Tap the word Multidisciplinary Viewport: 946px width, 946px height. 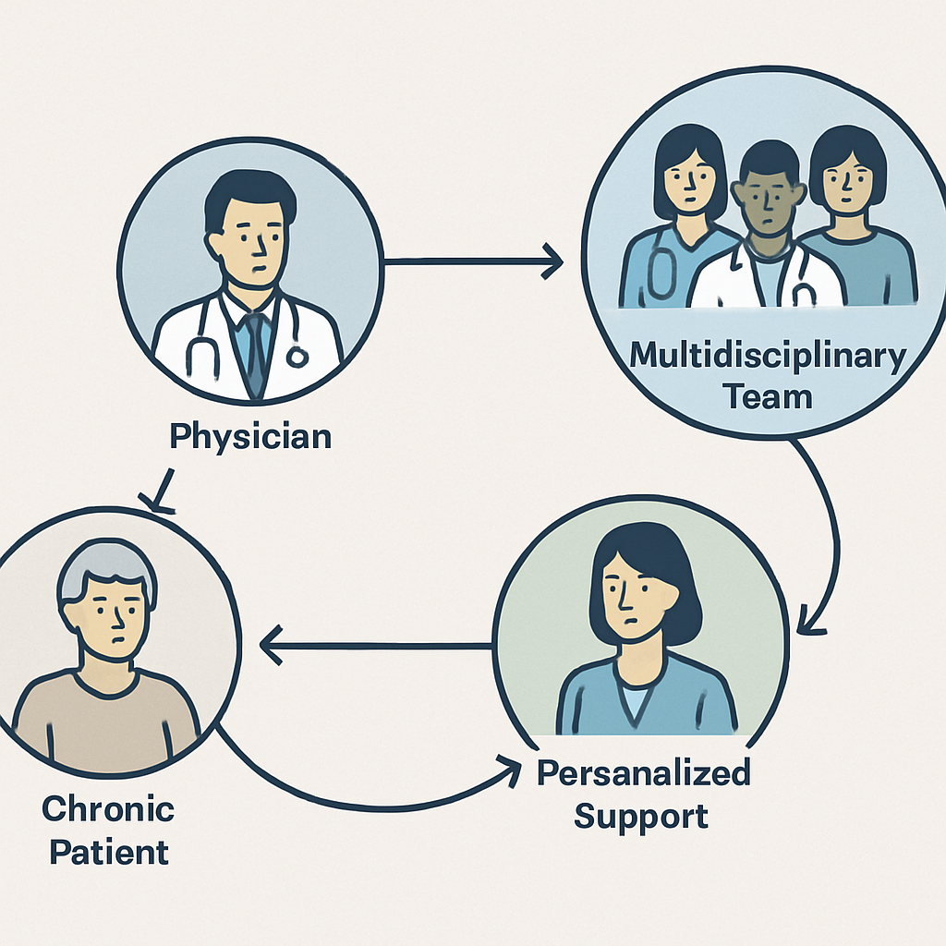coord(768,358)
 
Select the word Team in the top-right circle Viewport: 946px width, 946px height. coord(768,396)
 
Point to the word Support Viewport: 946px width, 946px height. coord(641,816)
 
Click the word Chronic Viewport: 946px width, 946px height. coord(108,809)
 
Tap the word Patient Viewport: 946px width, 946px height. coord(109,851)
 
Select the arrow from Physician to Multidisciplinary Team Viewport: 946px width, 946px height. coord(471,261)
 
